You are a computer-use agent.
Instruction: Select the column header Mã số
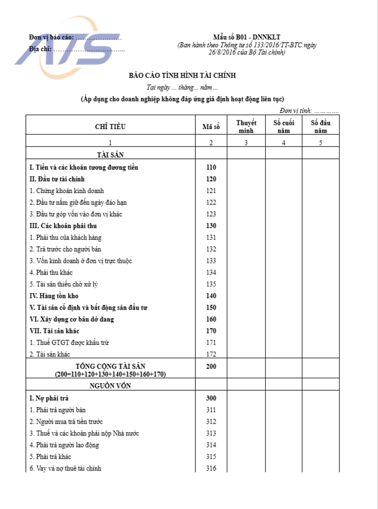211,127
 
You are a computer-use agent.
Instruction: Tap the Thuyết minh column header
246,127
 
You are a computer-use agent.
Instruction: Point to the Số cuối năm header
283,127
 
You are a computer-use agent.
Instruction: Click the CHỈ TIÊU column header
110,127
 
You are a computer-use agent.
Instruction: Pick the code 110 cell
211,167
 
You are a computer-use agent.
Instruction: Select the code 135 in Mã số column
211,284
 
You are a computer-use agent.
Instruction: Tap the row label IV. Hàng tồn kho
55,296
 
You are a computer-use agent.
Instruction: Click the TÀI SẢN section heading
110,155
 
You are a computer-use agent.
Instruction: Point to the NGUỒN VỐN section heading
110,386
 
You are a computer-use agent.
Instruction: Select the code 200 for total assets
211,367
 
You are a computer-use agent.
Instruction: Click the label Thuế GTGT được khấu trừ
72,343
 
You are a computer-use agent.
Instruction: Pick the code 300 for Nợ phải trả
211,398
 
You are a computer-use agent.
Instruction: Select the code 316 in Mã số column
211,468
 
